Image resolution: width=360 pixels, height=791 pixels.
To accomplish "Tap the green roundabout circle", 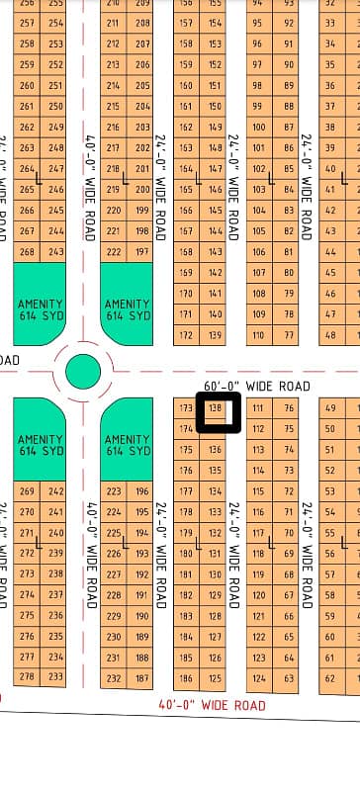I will pos(83,373).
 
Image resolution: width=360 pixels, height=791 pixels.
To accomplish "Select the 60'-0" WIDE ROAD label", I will pos(256,386).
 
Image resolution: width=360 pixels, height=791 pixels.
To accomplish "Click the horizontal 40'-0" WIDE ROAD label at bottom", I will pos(212,705).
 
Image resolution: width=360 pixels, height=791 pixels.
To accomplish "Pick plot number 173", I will pos(185,408).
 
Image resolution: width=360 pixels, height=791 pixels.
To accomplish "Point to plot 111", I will pos(258,408).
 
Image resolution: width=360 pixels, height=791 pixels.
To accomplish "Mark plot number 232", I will pos(114,679).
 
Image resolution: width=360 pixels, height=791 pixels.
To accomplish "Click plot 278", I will pos(27,676).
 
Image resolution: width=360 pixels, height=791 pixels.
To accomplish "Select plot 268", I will pos(27,251).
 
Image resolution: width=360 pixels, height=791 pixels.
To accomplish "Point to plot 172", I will pos(185,336).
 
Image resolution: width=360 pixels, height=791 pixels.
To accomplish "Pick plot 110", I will pos(259,336).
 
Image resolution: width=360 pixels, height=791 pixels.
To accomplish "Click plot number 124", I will pos(259,679).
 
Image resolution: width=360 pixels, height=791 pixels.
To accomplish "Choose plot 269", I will pos(27,491).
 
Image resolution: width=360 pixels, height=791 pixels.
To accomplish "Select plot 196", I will pos(142,491).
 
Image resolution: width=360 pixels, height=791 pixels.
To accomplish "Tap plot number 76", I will pos(288,408).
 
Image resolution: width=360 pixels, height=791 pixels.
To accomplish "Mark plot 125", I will pos(215,679).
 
